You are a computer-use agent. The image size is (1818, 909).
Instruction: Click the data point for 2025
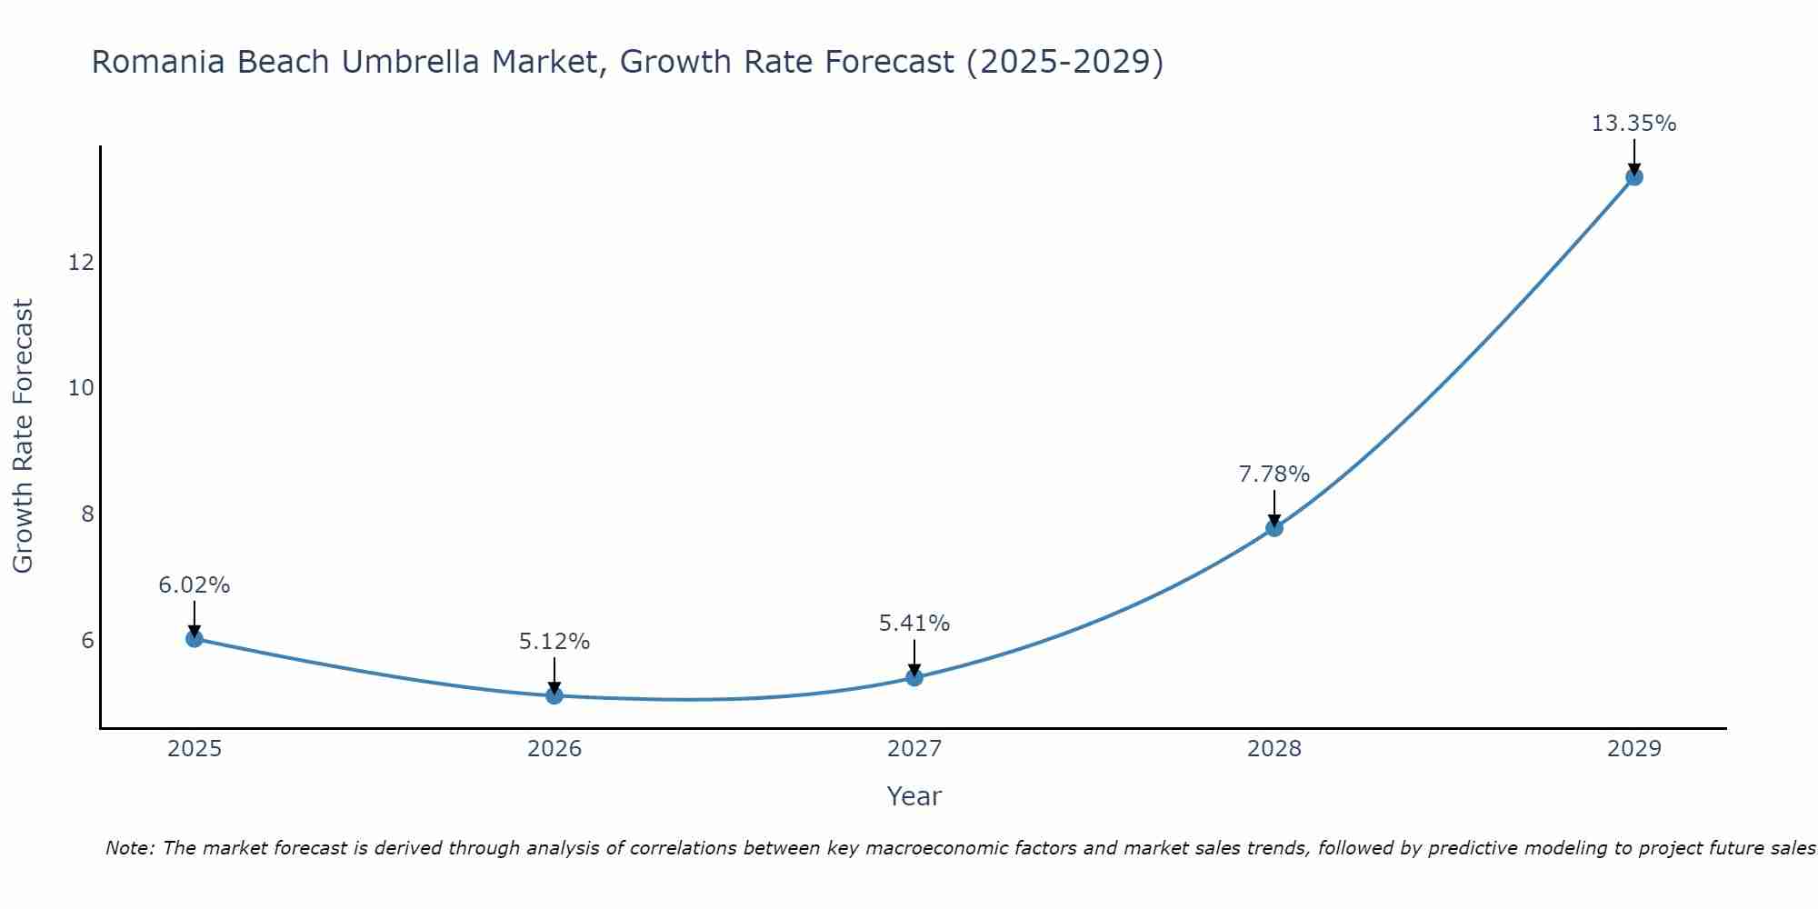[x=194, y=638]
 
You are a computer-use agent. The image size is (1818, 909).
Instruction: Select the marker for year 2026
[x=554, y=695]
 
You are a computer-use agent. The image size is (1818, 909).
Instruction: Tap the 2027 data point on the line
[x=914, y=677]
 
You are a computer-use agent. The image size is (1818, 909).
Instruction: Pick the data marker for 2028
[x=1274, y=527]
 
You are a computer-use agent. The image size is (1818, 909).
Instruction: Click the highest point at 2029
[x=1633, y=176]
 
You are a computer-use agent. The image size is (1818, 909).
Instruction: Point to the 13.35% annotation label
[x=1633, y=124]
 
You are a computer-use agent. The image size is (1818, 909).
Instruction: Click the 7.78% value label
[x=1274, y=474]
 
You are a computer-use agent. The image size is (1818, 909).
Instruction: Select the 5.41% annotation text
[x=914, y=624]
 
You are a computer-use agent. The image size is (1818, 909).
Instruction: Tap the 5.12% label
[x=554, y=642]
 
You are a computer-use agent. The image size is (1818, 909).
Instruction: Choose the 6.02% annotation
[x=194, y=585]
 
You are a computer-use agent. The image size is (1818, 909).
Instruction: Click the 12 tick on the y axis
[x=81, y=263]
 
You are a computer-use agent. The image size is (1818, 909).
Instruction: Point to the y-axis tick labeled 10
[x=81, y=388]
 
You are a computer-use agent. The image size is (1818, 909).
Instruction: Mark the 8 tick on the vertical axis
[x=87, y=514]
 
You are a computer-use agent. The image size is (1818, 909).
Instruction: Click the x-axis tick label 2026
[x=554, y=749]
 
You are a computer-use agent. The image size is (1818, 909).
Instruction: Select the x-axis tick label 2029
[x=1633, y=749]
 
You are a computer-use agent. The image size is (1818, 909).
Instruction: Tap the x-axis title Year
[x=914, y=796]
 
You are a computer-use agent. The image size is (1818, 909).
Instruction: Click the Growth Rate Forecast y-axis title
[x=23, y=435]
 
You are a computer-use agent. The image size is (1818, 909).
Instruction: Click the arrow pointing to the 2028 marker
[x=1274, y=509]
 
